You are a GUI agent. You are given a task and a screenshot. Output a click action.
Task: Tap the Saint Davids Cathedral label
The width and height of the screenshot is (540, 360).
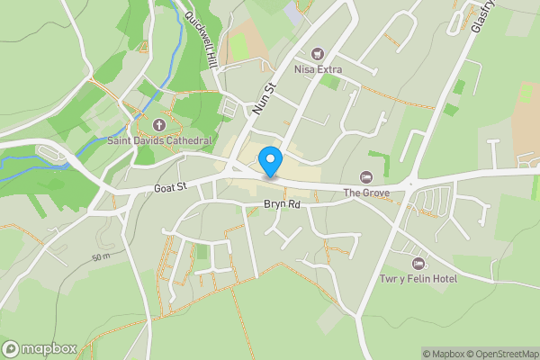159,141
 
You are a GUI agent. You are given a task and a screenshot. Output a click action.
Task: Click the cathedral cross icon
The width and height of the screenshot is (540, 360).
159,125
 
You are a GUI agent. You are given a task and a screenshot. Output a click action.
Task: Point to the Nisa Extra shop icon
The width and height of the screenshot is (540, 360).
317,53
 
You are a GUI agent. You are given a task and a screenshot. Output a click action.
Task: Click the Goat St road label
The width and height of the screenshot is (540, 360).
169,187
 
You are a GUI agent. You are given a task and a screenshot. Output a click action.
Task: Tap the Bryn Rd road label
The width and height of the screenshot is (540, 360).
281,205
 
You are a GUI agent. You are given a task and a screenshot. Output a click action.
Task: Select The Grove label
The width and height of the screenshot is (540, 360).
365,193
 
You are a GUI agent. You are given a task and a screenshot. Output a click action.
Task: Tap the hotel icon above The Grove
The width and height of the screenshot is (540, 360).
365,177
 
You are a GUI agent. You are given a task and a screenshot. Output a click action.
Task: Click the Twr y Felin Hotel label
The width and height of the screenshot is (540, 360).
418,279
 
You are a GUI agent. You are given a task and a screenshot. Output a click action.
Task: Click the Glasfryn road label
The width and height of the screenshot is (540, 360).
483,16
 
